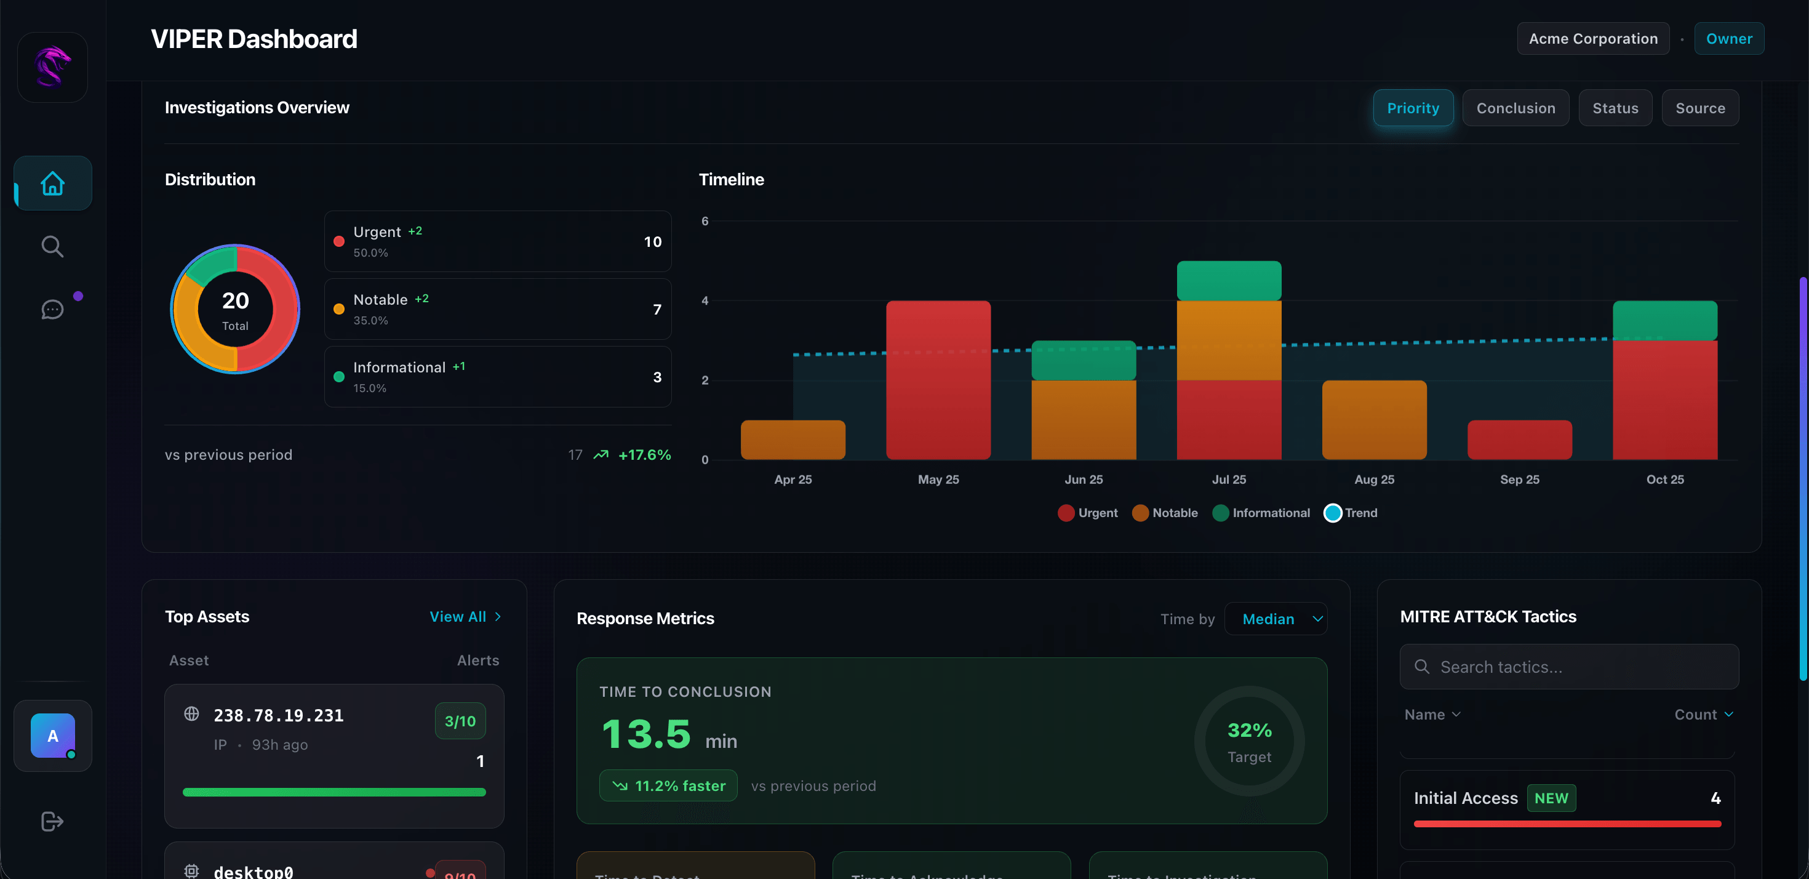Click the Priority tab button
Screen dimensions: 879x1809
(x=1412, y=108)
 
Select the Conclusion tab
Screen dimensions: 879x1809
(x=1515, y=108)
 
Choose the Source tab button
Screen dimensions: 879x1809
(x=1699, y=108)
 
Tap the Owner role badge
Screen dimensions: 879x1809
(x=1728, y=39)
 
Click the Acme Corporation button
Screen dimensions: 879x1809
(x=1592, y=39)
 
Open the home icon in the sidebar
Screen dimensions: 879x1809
(x=53, y=183)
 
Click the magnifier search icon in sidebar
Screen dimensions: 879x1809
(x=53, y=247)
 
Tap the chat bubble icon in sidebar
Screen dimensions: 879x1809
(x=53, y=309)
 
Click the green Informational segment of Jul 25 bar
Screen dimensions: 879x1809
(x=1228, y=281)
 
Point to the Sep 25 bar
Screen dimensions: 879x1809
(x=1519, y=440)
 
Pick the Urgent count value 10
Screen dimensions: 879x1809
(x=652, y=242)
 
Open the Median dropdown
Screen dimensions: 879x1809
(x=1276, y=619)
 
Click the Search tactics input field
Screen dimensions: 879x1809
(x=1569, y=667)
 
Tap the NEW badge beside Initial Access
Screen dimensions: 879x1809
(x=1551, y=798)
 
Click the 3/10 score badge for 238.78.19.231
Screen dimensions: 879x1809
(x=460, y=721)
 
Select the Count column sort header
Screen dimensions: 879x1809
(x=1703, y=715)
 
